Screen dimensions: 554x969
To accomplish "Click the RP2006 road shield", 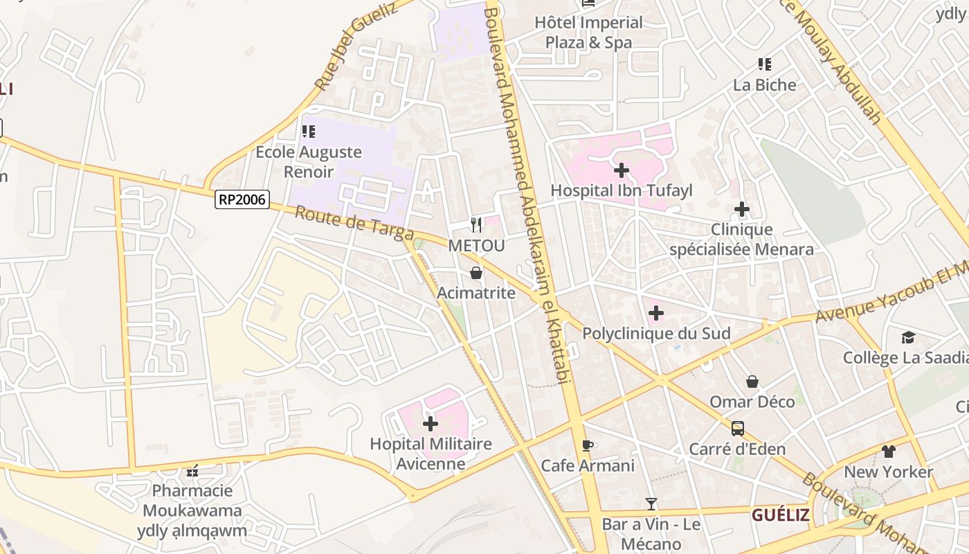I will pos(242,199).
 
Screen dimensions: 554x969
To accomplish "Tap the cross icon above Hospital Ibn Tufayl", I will pos(622,170).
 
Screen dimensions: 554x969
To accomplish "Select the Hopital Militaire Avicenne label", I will pos(431,454).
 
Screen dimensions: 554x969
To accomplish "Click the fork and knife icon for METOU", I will pos(476,224).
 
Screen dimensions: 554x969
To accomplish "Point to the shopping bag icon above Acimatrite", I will pos(476,273).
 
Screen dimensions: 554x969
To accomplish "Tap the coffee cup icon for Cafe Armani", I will pos(587,445).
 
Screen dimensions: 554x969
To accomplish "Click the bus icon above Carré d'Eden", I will pos(738,429).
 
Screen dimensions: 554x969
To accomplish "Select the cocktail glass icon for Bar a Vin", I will pos(651,504).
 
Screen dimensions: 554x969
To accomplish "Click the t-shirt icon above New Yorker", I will pos(889,452).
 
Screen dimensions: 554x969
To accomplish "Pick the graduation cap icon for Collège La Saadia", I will pos(908,337).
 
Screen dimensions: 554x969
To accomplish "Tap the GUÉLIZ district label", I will pos(781,515).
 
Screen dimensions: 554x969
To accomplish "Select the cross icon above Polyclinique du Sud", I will pos(655,313).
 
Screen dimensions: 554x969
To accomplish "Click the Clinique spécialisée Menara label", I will pos(741,239).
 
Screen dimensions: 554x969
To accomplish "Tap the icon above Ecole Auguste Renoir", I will pos(309,131).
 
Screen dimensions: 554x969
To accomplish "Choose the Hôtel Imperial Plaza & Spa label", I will pos(588,33).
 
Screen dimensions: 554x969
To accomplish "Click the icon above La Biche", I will pos(765,64).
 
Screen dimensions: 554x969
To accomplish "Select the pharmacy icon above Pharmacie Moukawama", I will pos(192,471).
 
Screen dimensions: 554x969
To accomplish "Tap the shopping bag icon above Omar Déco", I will pos(752,382).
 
